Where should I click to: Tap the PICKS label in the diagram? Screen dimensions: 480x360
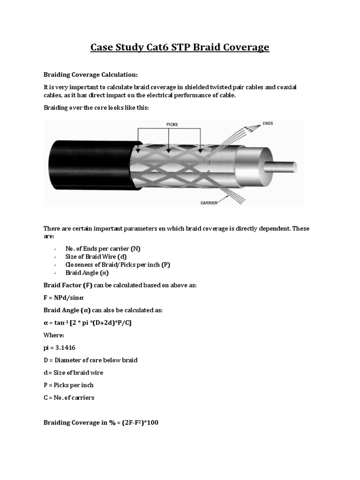tap(172, 125)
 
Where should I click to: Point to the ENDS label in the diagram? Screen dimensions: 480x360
tap(268, 123)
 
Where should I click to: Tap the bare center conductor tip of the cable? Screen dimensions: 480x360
tap(283, 167)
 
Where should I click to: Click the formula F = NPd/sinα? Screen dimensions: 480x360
tap(64, 298)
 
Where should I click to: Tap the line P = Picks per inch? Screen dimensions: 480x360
tap(68, 385)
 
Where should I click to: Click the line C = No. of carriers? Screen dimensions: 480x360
tap(69, 397)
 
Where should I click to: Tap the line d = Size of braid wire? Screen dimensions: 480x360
tap(74, 373)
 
